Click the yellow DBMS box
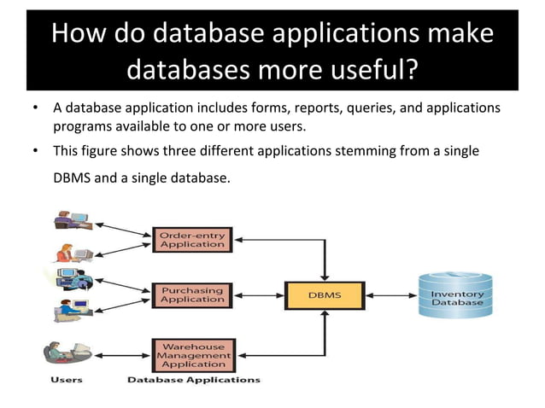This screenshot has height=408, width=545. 325,295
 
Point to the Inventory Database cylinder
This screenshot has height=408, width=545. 456,295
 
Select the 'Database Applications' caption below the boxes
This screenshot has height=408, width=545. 193,379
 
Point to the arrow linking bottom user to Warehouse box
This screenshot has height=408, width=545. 121,352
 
